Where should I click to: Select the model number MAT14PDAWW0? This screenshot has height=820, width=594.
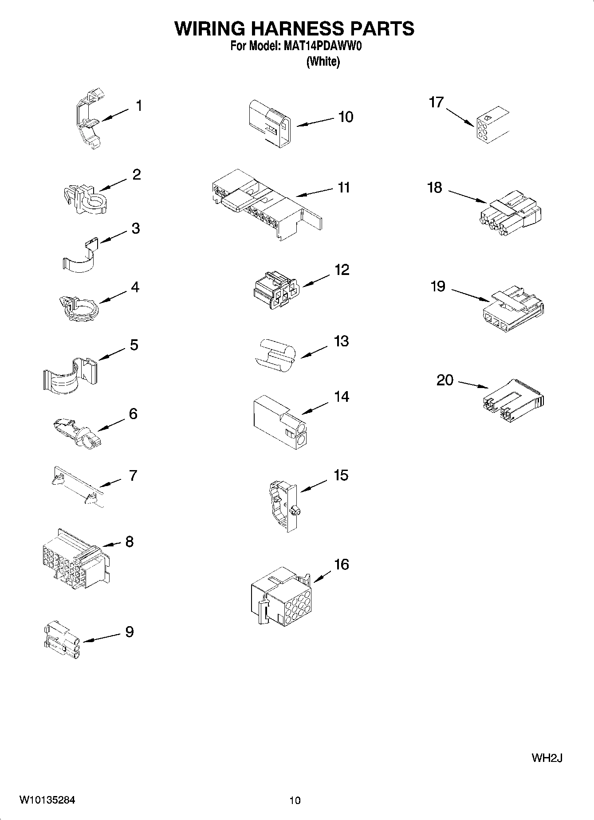[x=321, y=46]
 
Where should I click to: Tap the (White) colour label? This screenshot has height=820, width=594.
[x=323, y=62]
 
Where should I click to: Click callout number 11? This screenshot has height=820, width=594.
[x=344, y=188]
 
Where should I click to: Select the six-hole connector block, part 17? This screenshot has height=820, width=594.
[x=491, y=125]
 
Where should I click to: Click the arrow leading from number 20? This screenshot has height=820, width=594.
[x=474, y=384]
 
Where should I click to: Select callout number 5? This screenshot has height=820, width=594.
[x=134, y=345]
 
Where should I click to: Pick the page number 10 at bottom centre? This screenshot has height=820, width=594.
[x=295, y=800]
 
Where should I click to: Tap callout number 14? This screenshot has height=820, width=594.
[x=341, y=396]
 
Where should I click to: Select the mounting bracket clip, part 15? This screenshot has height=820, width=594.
[x=284, y=506]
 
